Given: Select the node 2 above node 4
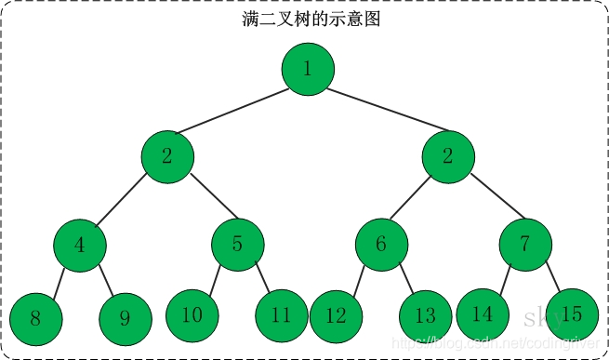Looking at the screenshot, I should pyautogui.click(x=167, y=155).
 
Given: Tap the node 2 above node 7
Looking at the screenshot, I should pyautogui.click(x=447, y=155).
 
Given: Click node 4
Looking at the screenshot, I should pyautogui.click(x=79, y=245).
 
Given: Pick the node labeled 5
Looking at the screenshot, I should pyautogui.click(x=237, y=245).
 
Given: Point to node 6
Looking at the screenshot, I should pyautogui.click(x=381, y=245).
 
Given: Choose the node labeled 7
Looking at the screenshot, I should pyautogui.click(x=525, y=245).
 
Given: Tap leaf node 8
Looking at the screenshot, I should pyautogui.click(x=35, y=318).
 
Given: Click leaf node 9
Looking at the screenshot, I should pyautogui.click(x=125, y=318).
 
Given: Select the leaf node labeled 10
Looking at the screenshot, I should pyautogui.click(x=192, y=314).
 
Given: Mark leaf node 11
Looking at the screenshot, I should pyautogui.click(x=282, y=316).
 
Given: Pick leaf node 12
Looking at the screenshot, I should pyautogui.click(x=336, y=316).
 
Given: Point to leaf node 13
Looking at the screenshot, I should pyautogui.click(x=425, y=316).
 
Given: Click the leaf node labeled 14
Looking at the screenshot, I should pyautogui.click(x=482, y=314).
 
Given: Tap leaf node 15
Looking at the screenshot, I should pyautogui.click(x=571, y=314).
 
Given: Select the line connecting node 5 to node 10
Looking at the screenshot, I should pyautogui.click(x=216, y=280).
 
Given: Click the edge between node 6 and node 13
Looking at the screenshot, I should pyautogui.click(x=403, y=280).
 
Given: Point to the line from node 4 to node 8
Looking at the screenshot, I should pyautogui.click(x=58, y=281).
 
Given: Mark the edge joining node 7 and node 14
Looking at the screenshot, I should pyautogui.click(x=504, y=280).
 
